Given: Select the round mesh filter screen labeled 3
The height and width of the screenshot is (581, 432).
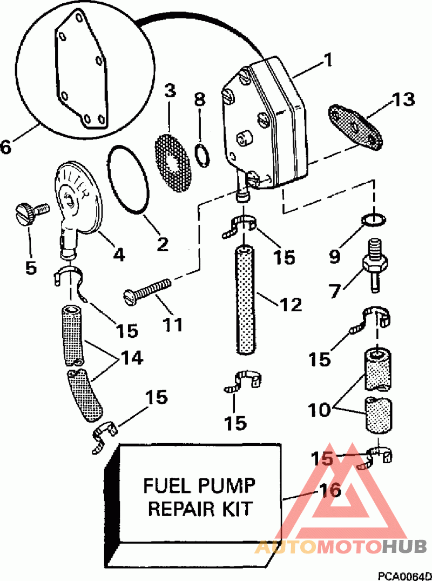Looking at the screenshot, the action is click(x=172, y=163).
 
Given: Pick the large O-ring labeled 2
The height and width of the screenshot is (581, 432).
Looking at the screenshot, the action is click(x=127, y=181).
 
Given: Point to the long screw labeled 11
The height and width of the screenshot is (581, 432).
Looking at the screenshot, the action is click(x=147, y=292).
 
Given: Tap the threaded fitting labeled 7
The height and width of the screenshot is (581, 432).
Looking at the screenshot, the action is click(x=374, y=266).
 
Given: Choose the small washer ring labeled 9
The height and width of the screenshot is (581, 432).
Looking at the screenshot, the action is click(x=374, y=220).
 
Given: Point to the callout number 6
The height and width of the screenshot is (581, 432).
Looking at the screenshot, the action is click(x=6, y=146).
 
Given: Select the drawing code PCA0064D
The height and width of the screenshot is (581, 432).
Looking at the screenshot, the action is click(x=404, y=577).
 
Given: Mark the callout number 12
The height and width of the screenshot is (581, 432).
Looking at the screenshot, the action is click(x=291, y=305).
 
